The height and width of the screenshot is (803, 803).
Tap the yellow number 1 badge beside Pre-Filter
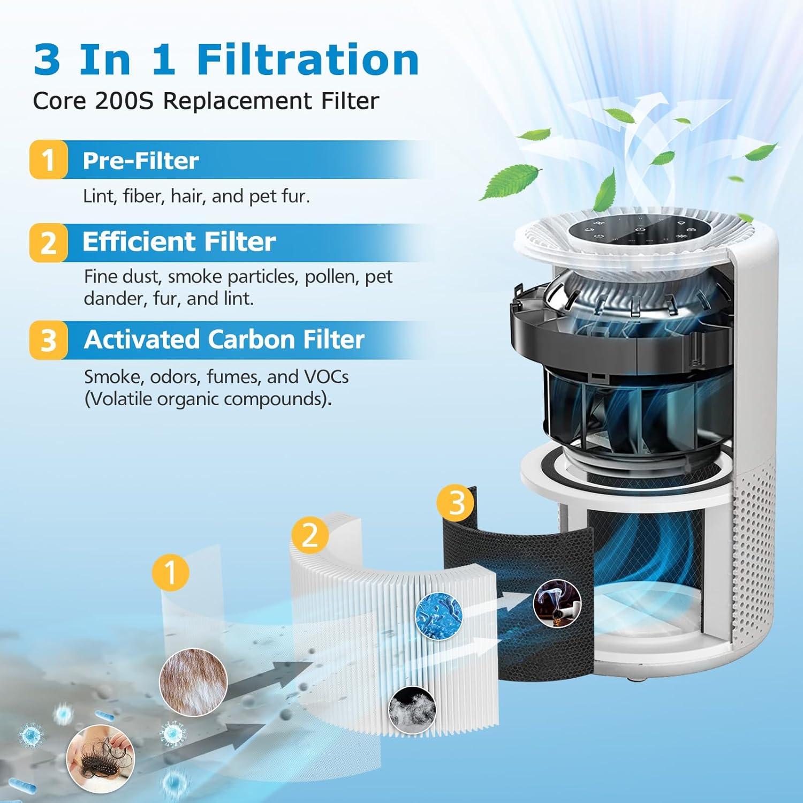click(x=49, y=160)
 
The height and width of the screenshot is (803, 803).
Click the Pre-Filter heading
click(x=140, y=161)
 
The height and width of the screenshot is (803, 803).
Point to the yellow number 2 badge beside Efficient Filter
click(x=49, y=243)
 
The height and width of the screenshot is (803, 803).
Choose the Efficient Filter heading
click(x=179, y=241)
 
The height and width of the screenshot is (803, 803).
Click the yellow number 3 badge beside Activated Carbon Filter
click(x=49, y=340)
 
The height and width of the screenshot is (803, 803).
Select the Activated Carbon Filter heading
click(x=224, y=339)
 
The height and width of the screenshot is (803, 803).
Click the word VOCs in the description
click(x=326, y=377)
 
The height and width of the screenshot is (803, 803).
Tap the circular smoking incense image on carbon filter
click(x=557, y=603)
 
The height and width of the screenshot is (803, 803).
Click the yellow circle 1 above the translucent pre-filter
click(x=170, y=572)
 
